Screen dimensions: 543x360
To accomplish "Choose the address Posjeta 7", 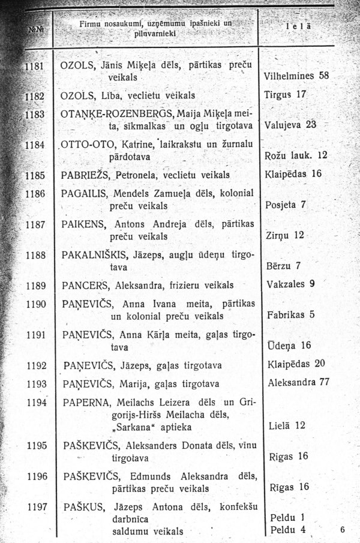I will pos(286,205).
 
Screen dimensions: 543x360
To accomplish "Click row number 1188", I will pos(37,254).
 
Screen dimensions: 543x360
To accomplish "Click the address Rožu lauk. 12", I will pos(296,155).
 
